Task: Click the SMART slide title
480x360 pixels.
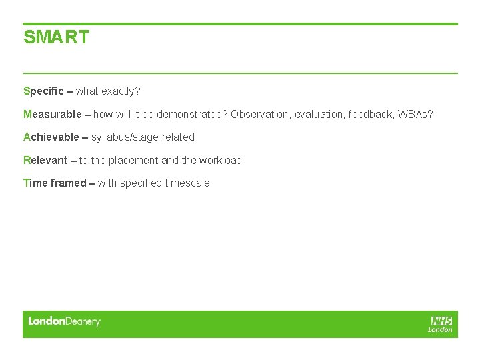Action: click(x=56, y=37)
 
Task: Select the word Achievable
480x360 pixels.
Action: click(x=51, y=137)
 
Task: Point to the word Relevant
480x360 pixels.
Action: click(x=45, y=160)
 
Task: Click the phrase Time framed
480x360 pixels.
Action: click(x=55, y=183)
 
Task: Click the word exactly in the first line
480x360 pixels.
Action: click(x=120, y=91)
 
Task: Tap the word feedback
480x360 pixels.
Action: click(x=370, y=114)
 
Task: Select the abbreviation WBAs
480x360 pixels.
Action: click(x=415, y=114)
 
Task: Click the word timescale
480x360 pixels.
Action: click(x=187, y=183)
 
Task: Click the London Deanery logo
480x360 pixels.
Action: click(x=64, y=321)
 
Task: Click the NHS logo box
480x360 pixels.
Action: click(x=441, y=321)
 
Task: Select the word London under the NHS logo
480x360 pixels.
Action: click(x=440, y=329)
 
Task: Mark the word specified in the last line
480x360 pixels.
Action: click(x=141, y=183)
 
